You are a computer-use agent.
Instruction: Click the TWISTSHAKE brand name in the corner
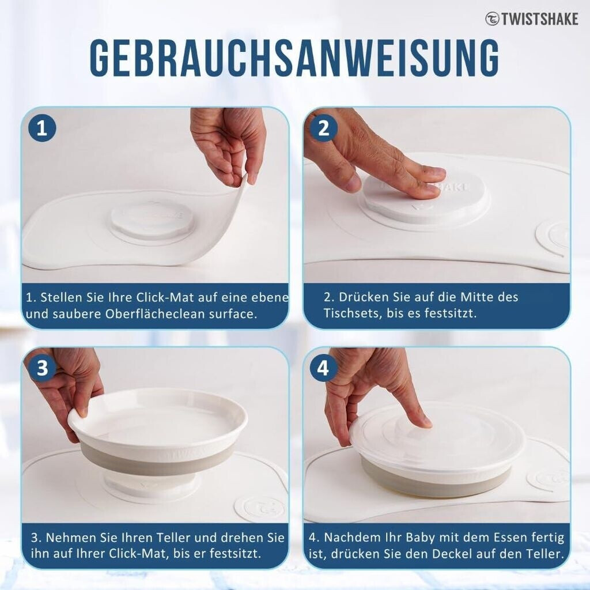click(x=539, y=19)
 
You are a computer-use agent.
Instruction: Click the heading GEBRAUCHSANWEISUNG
click(x=294, y=57)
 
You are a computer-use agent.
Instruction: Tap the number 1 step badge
click(x=42, y=128)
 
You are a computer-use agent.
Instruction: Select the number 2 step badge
click(x=323, y=128)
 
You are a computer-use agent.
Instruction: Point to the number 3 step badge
click(x=42, y=368)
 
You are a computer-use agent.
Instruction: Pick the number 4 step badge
click(x=323, y=368)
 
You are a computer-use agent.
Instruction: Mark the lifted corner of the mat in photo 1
click(x=244, y=177)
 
